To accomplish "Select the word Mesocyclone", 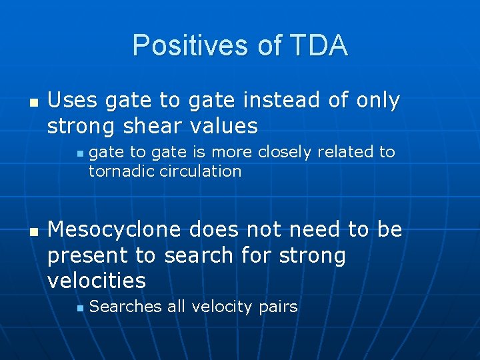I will point(114,230).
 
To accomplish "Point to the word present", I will point(88,256).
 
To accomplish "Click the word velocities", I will point(96,281).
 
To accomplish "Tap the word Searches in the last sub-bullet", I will point(125,307).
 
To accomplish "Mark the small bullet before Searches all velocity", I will point(79,308).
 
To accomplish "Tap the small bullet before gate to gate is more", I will point(79,153).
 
